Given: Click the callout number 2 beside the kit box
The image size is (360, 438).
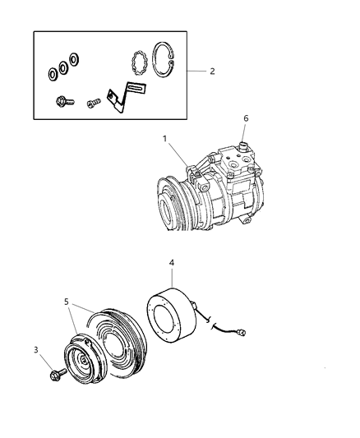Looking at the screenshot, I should pyautogui.click(x=212, y=71).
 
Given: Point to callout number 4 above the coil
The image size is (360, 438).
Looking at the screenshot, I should pyautogui.click(x=172, y=264).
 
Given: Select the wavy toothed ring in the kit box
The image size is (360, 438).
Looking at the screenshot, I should pyautogui.click(x=139, y=62).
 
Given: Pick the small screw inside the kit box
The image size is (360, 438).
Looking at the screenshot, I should pyautogui.click(x=92, y=103).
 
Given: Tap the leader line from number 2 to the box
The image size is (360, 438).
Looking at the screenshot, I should pyautogui.click(x=195, y=71).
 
